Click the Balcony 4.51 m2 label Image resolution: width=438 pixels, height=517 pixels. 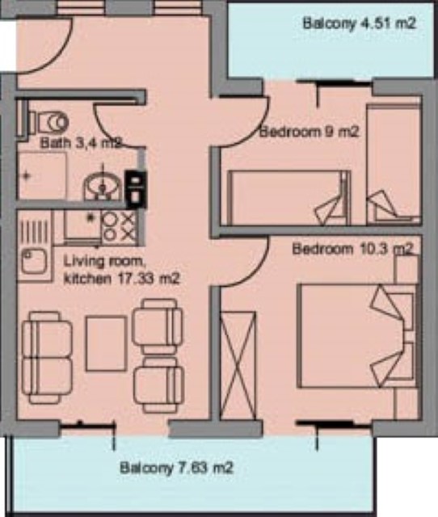tap(359, 24)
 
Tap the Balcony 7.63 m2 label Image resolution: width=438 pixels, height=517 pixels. tap(177, 468)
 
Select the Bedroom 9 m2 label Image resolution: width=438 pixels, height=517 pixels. tap(309, 132)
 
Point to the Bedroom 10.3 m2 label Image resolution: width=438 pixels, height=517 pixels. tap(352, 249)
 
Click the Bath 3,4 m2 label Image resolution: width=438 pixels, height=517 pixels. tap(81, 144)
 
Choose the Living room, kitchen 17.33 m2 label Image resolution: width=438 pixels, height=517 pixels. tap(121, 271)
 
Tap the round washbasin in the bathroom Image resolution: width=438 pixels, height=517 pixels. tap(103, 187)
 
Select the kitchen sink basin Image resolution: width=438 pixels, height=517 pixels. tap(35, 262)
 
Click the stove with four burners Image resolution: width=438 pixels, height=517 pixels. tap(119, 227)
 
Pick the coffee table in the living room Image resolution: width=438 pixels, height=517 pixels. tap(106, 343)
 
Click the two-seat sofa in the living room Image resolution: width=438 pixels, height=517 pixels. tap(47, 358)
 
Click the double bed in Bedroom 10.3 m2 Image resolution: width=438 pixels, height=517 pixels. tap(356, 336)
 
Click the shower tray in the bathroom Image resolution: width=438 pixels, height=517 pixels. tap(41, 174)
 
